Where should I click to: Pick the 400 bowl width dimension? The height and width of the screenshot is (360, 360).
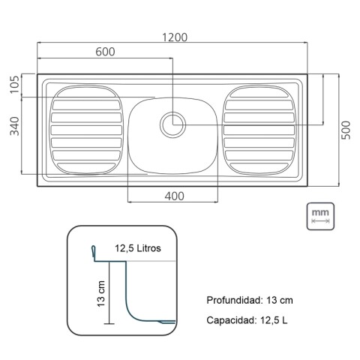coord(174,196)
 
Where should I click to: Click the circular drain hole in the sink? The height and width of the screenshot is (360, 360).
coord(173,123)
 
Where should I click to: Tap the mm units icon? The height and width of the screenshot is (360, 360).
coord(320,216)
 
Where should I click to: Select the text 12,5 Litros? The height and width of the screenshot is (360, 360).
coord(138,247)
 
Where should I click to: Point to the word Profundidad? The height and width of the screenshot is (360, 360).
coord(232,300)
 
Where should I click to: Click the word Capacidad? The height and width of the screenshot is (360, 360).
coord(231,321)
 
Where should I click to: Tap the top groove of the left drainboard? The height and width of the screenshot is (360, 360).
coord(85,95)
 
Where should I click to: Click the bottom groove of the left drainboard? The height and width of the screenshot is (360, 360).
coord(85,163)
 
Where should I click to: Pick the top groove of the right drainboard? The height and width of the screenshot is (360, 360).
coord(260,95)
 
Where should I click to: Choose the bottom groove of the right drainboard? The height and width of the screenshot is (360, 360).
coord(260,163)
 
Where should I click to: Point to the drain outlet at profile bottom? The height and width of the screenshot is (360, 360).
coord(168,321)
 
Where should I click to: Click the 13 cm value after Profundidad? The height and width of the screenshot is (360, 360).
coord(279,300)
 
